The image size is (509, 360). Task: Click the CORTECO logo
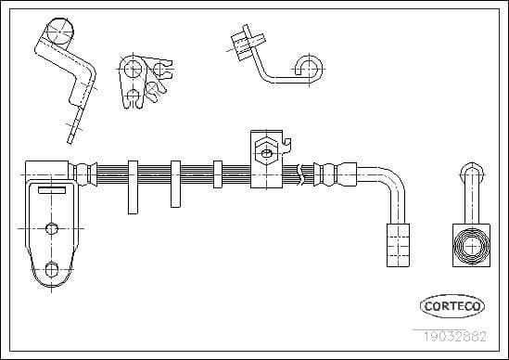click(452, 305)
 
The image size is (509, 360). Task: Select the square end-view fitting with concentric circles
click(470, 246)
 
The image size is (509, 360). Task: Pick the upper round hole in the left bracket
click(53, 226)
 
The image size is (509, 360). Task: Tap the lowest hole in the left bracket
click(53, 270)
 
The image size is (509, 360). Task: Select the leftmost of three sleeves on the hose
click(133, 185)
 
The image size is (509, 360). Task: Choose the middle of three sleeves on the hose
click(175, 185)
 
